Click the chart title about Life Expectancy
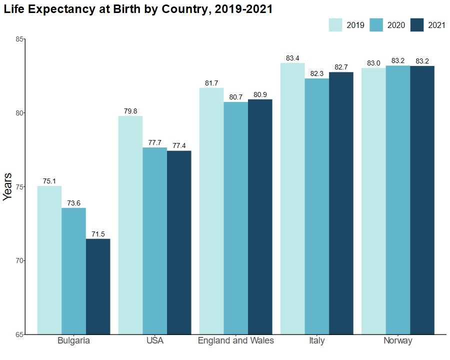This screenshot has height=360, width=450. click(x=138, y=9)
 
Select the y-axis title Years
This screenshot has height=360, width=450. click(x=7, y=186)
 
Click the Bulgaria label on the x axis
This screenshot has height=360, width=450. click(x=73, y=341)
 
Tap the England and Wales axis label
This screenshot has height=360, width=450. click(x=236, y=341)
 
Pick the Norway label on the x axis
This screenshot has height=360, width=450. click(x=398, y=341)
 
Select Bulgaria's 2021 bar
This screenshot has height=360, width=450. click(x=98, y=286)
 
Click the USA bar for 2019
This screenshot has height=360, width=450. click(x=130, y=225)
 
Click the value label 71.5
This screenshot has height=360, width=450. click(x=98, y=234)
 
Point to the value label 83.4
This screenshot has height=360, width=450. click(x=292, y=58)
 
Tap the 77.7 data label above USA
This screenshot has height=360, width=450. click(x=155, y=143)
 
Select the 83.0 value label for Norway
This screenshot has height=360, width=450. click(x=373, y=63)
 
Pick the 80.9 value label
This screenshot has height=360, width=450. click(x=260, y=95)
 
